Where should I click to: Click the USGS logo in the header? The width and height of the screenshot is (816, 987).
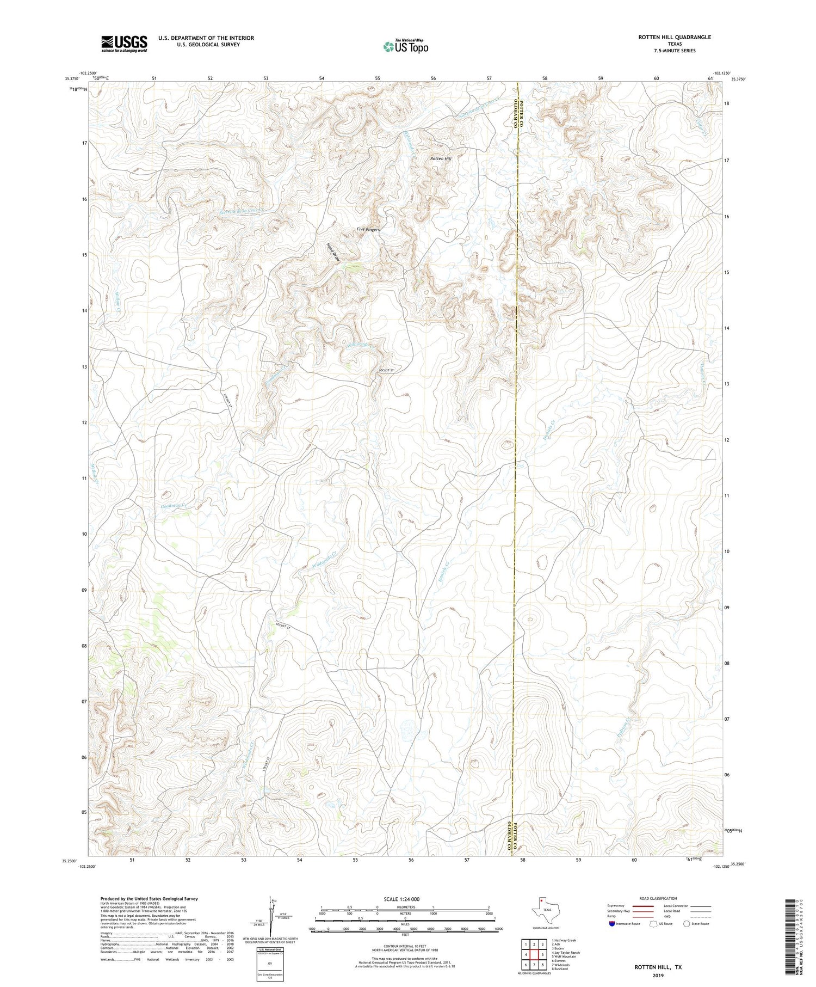click(x=124, y=44)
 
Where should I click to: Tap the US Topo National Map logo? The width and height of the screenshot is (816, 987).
click(x=405, y=46)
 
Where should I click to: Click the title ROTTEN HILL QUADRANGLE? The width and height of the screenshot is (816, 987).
click(x=675, y=37)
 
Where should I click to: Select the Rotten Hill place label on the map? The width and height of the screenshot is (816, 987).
click(x=441, y=159)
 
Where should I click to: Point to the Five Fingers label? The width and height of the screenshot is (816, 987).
click(x=368, y=230)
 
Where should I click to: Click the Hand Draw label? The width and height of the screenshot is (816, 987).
click(x=333, y=253)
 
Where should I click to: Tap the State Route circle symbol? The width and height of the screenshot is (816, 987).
click(x=687, y=924)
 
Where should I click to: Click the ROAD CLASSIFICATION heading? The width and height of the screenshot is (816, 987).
click(x=658, y=898)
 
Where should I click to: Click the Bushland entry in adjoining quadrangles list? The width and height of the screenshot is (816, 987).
click(x=560, y=969)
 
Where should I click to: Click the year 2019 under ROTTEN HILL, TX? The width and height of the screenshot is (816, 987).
click(x=658, y=976)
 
